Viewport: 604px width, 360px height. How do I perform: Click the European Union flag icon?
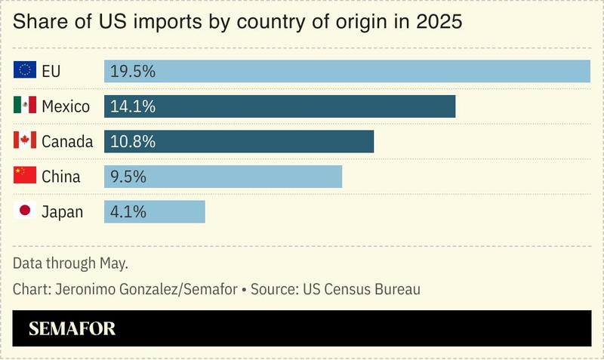point(25,71)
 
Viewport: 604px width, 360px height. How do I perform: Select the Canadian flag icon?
point(25,141)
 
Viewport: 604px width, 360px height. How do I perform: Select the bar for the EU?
point(347,71)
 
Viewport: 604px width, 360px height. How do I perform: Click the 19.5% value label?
point(133,71)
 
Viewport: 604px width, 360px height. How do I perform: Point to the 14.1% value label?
point(133,106)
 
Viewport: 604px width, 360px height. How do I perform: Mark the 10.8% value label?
point(133,141)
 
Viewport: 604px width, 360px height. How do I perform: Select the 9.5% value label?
point(128,177)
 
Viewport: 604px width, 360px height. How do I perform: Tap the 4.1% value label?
point(128,212)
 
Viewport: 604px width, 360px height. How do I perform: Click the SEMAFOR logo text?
point(72,329)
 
